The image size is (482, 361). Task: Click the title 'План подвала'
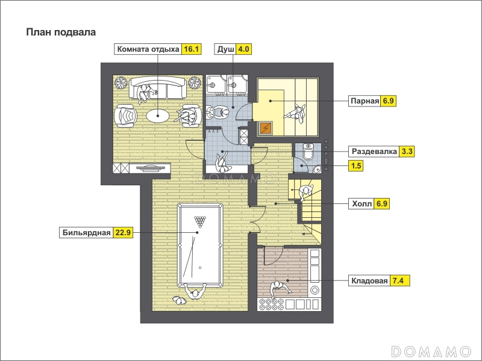61,32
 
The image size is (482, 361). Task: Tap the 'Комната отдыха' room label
148,49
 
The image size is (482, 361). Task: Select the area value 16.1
191,49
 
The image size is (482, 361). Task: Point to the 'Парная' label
365,100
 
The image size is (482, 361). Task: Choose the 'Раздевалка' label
374,152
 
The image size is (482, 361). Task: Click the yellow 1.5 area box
356,166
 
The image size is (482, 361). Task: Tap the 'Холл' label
362,203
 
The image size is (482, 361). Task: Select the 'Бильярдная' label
86,233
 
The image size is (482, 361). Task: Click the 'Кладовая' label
369,280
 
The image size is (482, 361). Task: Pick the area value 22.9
123,233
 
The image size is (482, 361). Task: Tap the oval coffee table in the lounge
158,116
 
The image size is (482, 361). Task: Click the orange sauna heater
266,128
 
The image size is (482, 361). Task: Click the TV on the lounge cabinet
150,168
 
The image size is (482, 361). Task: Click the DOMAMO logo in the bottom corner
431,351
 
